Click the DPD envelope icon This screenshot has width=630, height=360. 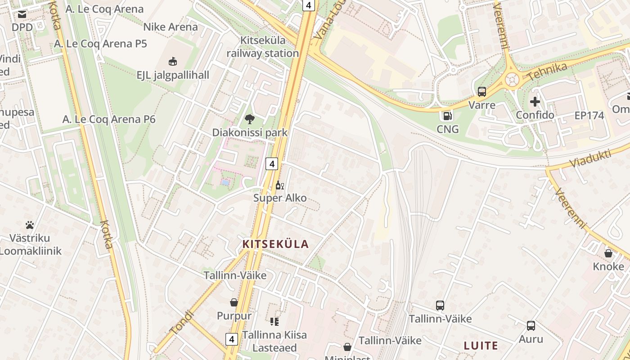22,15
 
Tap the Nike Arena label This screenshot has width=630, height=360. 171,27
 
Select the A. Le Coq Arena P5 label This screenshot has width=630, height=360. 100,44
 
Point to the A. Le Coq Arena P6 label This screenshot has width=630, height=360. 109,119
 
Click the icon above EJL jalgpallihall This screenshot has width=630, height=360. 173,61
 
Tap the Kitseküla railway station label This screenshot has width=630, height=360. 263,47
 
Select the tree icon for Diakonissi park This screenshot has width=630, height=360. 249,119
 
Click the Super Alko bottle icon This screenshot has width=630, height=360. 280,185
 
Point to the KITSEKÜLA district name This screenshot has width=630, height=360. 276,244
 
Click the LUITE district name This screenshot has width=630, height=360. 481,346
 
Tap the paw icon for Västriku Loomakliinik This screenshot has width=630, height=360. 30,225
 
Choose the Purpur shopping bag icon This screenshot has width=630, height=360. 234,302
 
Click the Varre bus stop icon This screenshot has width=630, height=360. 482,92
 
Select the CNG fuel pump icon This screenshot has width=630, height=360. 447,116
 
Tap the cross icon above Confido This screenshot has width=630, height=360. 535,102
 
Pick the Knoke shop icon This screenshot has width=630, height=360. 608,253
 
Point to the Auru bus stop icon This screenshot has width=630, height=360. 531,326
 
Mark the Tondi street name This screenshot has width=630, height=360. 182,322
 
